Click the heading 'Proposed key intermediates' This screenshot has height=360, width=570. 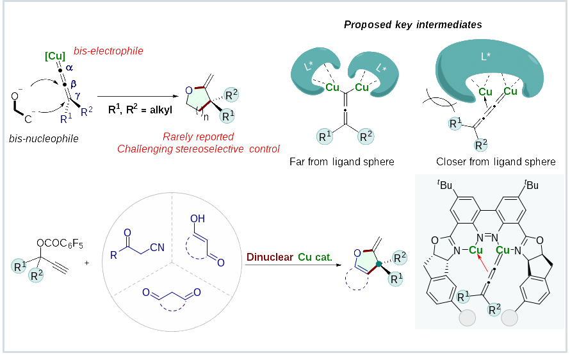[x=412, y=25]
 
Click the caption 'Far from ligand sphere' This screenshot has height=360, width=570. [x=342, y=162]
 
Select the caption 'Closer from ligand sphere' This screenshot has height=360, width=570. [x=496, y=162]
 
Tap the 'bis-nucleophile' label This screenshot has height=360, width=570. [x=44, y=138]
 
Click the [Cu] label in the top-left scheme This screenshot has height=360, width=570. [x=55, y=56]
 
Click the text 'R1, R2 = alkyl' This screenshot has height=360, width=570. [x=140, y=110]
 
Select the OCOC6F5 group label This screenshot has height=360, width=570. [x=61, y=243]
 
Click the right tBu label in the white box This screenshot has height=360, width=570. [x=530, y=186]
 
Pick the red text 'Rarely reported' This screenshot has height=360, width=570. [x=198, y=136]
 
